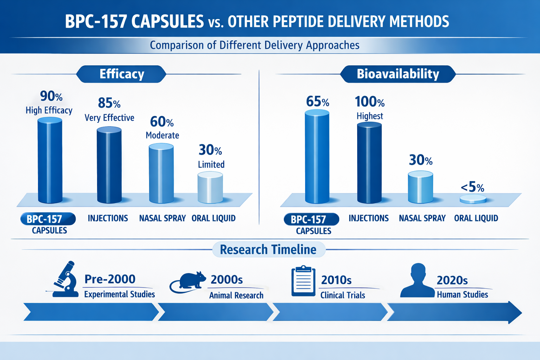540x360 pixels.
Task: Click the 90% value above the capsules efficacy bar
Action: coord(51,96)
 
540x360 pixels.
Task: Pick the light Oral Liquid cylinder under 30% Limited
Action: coord(210,188)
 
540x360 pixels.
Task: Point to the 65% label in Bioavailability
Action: coord(317,102)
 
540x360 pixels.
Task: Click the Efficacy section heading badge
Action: coord(122,74)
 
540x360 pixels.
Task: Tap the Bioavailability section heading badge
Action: coord(398,74)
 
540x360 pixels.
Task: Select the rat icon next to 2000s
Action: coord(190,282)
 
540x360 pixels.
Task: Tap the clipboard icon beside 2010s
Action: coord(303,281)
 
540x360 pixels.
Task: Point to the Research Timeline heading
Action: coord(268,250)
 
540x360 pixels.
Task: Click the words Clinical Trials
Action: coord(342,295)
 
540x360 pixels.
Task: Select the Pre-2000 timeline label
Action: coord(110,279)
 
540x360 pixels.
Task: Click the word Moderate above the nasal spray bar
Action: coord(162,135)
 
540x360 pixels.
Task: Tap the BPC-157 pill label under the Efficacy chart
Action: coord(48,219)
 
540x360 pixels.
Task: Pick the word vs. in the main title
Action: coord(216,23)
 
